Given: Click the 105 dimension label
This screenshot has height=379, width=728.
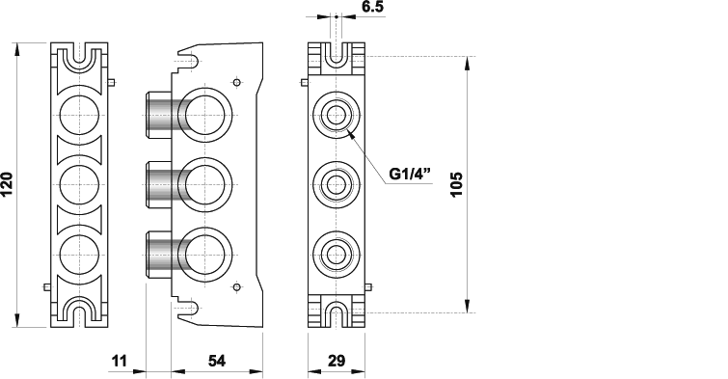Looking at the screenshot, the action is [457, 184].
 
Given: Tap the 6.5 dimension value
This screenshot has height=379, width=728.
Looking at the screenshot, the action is [373, 7].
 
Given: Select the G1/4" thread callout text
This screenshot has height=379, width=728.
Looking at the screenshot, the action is [410, 174].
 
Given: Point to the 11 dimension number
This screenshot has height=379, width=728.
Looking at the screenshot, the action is [120, 361].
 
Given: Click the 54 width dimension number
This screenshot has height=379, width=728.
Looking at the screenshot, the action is [217, 361].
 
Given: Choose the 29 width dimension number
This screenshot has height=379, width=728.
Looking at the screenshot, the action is [337, 361].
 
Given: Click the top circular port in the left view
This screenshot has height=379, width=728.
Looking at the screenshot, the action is [79, 115].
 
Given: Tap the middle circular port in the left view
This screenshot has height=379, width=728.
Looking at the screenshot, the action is [79, 185].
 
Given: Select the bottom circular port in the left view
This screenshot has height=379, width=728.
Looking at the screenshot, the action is [79, 255].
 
